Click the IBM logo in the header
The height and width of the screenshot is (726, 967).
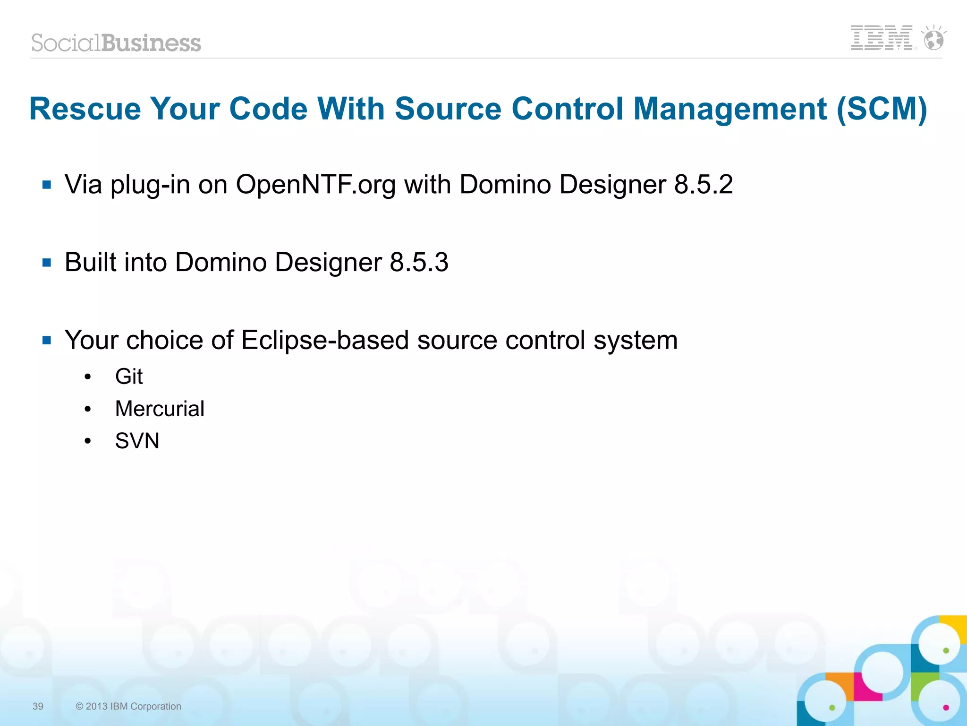[881, 38]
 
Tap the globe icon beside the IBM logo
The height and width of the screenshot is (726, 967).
[933, 38]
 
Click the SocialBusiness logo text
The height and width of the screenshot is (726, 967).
[116, 43]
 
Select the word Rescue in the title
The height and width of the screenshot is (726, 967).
[85, 109]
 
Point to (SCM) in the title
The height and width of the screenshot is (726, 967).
[882, 109]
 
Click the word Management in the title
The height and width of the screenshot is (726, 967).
[730, 109]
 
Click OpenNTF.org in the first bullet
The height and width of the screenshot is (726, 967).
[315, 185]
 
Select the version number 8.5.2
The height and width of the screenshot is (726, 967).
[703, 184]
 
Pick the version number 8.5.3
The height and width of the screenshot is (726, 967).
[419, 262]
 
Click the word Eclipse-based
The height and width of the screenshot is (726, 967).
[325, 340]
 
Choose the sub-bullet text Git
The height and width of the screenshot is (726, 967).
[129, 377]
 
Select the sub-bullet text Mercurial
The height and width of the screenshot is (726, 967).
[160, 409]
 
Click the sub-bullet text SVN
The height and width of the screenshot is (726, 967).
[137, 441]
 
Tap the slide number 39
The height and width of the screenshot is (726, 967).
[38, 706]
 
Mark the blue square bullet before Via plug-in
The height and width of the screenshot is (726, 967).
[47, 185]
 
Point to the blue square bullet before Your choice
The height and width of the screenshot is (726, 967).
[47, 340]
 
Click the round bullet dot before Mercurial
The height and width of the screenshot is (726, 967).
[87, 409]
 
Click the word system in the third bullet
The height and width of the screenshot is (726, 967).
[635, 340]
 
